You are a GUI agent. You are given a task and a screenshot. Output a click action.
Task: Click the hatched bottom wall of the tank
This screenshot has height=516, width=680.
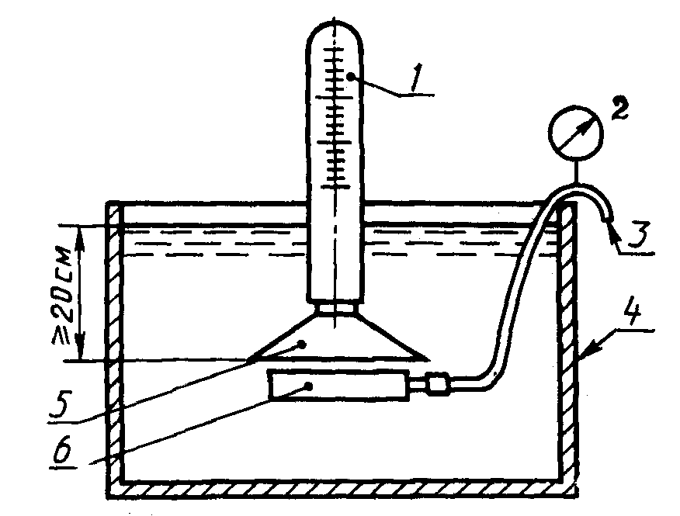342,489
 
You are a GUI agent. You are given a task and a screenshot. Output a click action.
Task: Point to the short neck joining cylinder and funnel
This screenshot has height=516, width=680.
335,308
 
